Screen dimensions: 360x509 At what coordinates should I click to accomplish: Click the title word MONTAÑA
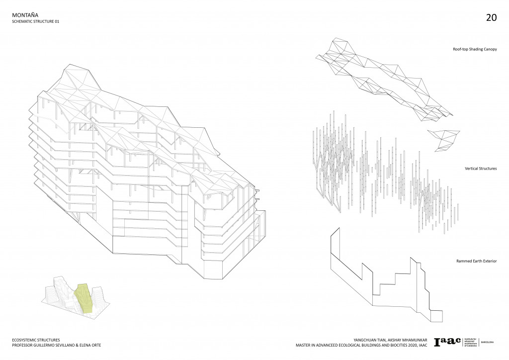[24, 15]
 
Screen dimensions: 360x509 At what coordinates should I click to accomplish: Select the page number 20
[491, 18]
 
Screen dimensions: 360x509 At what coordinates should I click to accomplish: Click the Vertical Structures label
[480, 169]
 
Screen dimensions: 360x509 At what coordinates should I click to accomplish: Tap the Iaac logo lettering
[447, 342]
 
